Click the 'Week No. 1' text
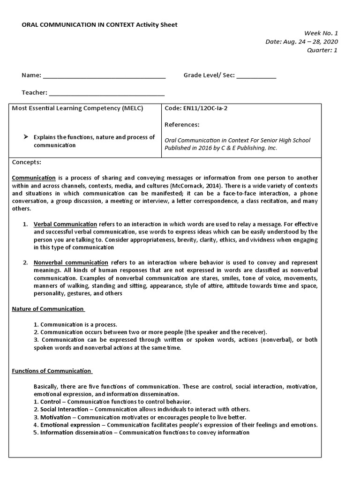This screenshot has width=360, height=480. point(321,33)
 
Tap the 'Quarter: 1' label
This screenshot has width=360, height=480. point(322,50)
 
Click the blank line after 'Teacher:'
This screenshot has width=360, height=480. point(106,93)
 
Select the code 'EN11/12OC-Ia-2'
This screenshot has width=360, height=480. point(200,108)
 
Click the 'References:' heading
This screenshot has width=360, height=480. point(182,125)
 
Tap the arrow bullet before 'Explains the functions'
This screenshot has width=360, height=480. point(26,137)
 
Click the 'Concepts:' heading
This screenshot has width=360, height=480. point(26,162)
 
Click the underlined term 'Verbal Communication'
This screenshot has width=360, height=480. point(65,224)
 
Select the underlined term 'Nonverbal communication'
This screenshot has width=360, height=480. point(71,262)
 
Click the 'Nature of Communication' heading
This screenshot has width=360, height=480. point(48,309)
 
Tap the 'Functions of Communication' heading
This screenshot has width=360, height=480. point(52,371)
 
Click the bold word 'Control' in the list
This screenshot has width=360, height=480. point(50,402)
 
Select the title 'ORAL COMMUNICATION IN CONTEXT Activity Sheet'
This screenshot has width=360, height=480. point(99,24)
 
